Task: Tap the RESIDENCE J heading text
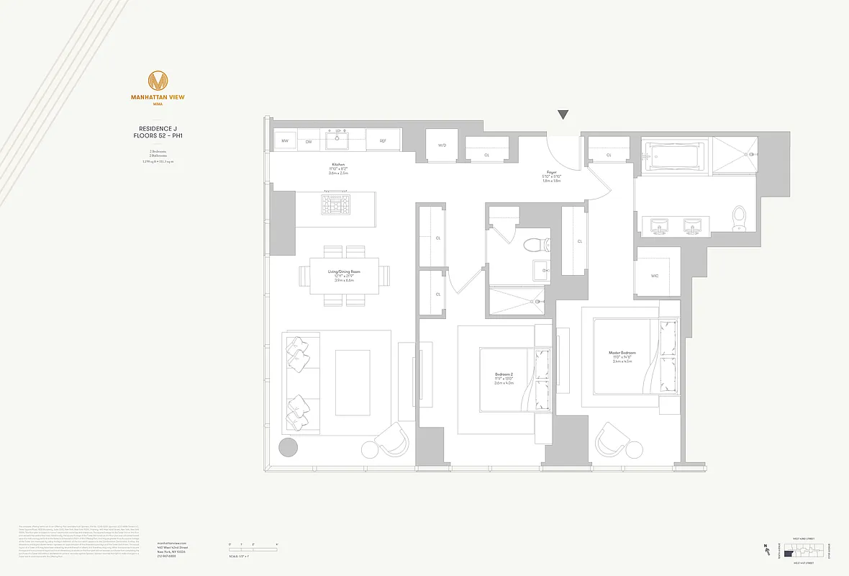157,128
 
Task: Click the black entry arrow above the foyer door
563,115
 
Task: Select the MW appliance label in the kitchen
285,141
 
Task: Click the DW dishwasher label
309,141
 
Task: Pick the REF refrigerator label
383,141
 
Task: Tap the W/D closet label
442,145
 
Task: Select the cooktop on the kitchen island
335,205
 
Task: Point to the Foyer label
552,173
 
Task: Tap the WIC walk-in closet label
654,276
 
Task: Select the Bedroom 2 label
504,374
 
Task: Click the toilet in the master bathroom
739,217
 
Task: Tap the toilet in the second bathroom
535,245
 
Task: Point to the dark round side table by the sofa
288,447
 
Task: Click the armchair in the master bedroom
616,438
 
